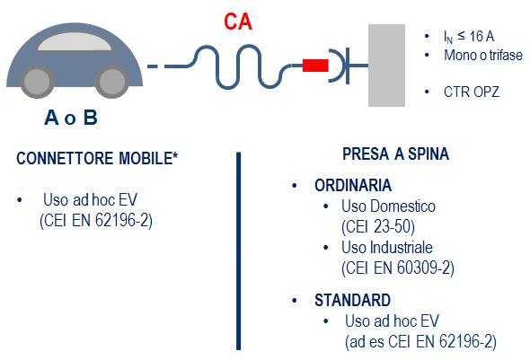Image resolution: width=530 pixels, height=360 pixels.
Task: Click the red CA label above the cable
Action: click(x=238, y=22)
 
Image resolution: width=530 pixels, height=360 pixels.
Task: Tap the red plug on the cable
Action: click(x=315, y=66)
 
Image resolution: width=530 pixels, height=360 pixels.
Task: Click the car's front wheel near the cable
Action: click(x=112, y=82)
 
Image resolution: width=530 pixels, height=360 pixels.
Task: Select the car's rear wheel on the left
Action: click(x=37, y=82)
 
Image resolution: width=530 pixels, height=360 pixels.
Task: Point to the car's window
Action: click(x=75, y=41)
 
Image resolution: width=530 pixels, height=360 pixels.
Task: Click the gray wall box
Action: click(x=386, y=66)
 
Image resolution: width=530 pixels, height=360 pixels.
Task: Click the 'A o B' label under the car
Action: click(x=71, y=118)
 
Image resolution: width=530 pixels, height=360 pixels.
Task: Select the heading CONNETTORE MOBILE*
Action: click(x=97, y=158)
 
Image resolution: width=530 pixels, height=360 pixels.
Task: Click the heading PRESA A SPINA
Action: click(x=396, y=154)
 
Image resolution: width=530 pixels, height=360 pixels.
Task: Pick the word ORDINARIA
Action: click(x=353, y=186)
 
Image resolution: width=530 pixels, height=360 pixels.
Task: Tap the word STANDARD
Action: click(x=352, y=300)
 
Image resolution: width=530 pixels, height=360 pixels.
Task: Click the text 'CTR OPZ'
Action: click(x=472, y=92)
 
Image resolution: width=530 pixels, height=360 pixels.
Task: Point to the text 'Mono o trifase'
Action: click(x=483, y=55)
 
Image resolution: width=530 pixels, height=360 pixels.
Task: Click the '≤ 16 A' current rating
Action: click(x=476, y=36)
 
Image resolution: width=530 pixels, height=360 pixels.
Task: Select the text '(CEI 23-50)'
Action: click(x=378, y=226)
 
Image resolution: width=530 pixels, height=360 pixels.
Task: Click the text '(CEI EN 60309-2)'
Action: click(x=398, y=268)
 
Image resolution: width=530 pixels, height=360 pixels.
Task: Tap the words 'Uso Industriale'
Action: click(x=387, y=248)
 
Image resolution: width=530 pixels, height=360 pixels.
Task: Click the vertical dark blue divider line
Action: click(x=239, y=250)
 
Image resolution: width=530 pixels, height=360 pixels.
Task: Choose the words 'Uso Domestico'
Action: click(x=388, y=206)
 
